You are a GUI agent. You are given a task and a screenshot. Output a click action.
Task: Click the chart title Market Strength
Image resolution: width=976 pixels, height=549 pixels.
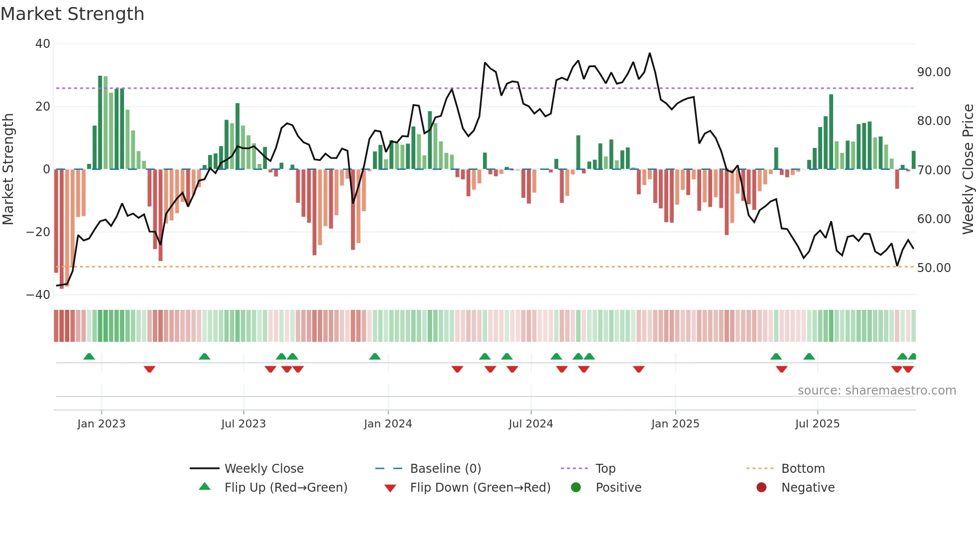coord(72,14)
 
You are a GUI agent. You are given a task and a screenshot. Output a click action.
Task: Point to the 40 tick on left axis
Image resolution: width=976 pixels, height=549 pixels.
coord(43,44)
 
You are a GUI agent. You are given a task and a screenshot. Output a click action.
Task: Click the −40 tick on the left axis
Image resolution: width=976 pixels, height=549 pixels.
coord(38,295)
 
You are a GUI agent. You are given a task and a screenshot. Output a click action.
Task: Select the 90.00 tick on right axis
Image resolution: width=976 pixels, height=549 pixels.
coord(934,72)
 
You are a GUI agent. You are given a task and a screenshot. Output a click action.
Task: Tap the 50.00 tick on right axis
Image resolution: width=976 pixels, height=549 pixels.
coord(934,268)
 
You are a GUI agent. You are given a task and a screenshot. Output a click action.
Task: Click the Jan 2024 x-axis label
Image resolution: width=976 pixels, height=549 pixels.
coord(388,424)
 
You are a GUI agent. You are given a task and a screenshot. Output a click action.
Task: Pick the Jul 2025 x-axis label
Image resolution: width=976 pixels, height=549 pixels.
coord(817,424)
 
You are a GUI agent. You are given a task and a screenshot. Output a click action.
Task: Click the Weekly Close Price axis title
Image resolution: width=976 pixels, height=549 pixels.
coord(968,169)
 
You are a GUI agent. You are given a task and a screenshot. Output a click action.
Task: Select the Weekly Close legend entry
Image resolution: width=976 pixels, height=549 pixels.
coord(263,469)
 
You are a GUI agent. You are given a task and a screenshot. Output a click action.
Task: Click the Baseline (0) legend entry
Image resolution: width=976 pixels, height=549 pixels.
coord(445,469)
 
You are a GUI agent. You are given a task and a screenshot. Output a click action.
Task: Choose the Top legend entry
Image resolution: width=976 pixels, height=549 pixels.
coord(605,469)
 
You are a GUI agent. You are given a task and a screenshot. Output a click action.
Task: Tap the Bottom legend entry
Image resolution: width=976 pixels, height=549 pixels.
coord(803,469)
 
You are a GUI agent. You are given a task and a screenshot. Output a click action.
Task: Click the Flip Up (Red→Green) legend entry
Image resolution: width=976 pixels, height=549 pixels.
coord(285,488)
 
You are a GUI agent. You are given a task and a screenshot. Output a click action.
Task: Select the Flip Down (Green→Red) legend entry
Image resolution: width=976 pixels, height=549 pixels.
coord(480,488)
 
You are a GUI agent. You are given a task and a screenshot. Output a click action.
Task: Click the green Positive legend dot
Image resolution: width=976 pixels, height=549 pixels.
coord(576,488)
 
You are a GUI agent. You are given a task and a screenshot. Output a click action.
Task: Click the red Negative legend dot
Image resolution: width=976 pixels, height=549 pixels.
coord(761,488)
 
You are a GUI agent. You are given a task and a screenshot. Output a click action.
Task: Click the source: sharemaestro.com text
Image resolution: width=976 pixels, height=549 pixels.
coord(876,391)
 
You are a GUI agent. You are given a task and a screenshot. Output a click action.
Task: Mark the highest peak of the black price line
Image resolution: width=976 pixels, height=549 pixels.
coord(650,53)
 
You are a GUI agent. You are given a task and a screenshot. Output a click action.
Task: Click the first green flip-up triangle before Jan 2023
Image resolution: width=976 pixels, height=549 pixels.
coord(89,356)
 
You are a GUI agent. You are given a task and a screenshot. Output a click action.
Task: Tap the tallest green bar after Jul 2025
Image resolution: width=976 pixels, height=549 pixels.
coord(831,132)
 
